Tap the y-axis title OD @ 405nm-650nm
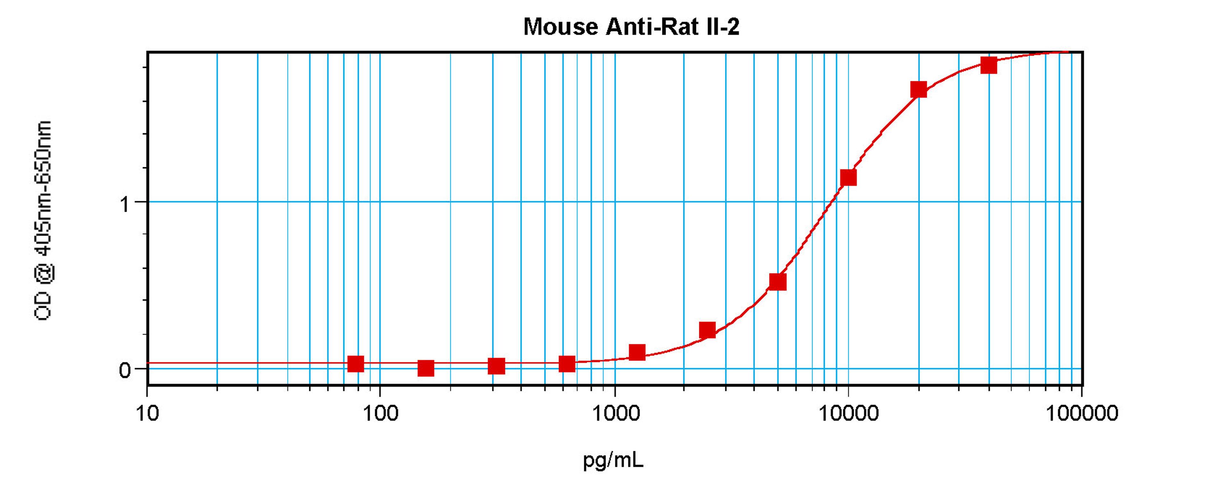click(x=43, y=220)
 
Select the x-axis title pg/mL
click(x=613, y=460)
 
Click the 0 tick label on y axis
click(x=125, y=370)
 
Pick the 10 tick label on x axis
click(x=147, y=413)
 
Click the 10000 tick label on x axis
click(x=849, y=413)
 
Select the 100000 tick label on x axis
click(x=1081, y=413)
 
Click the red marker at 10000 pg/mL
click(x=848, y=178)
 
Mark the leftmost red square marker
click(x=355, y=364)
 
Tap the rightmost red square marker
click(x=988, y=65)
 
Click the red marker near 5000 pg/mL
click(x=778, y=282)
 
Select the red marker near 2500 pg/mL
click(x=707, y=330)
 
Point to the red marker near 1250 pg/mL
click(x=637, y=353)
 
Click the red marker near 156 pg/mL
click(x=425, y=368)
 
